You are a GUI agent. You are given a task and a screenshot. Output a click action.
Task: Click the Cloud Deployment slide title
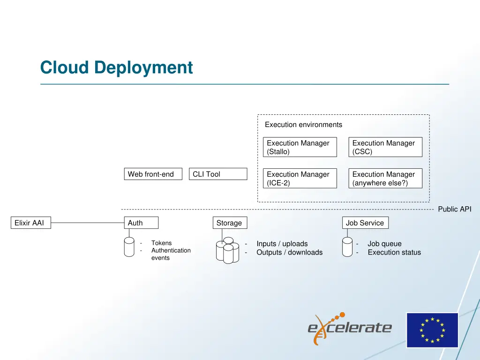[116, 67]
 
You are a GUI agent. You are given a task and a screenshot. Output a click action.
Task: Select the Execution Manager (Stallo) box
[300, 147]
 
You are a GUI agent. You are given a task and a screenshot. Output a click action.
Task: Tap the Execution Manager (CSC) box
[385, 147]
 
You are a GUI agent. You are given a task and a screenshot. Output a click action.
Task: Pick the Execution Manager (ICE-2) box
[300, 179]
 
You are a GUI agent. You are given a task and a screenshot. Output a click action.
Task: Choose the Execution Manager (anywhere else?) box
[385, 179]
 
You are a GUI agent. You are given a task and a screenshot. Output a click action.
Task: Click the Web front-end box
[153, 174]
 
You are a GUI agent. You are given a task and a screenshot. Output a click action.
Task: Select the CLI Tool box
[218, 174]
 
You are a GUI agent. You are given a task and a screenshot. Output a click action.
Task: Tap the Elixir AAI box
[30, 223]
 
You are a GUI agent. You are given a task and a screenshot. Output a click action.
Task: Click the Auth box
[141, 223]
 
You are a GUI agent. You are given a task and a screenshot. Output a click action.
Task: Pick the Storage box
[229, 223]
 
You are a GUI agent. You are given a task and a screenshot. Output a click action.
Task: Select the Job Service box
[365, 223]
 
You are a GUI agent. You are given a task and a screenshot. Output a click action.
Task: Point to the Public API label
[454, 210]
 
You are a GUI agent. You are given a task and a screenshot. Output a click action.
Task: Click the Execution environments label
[303, 125]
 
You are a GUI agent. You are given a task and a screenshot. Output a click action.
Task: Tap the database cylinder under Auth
[129, 247]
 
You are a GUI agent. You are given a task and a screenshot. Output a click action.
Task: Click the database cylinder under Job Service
[347, 247]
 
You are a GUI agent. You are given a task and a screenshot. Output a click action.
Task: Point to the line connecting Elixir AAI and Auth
[87, 223]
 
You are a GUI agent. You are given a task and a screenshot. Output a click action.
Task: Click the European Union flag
[432, 330]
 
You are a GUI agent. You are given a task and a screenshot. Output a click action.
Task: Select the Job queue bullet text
[384, 244]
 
